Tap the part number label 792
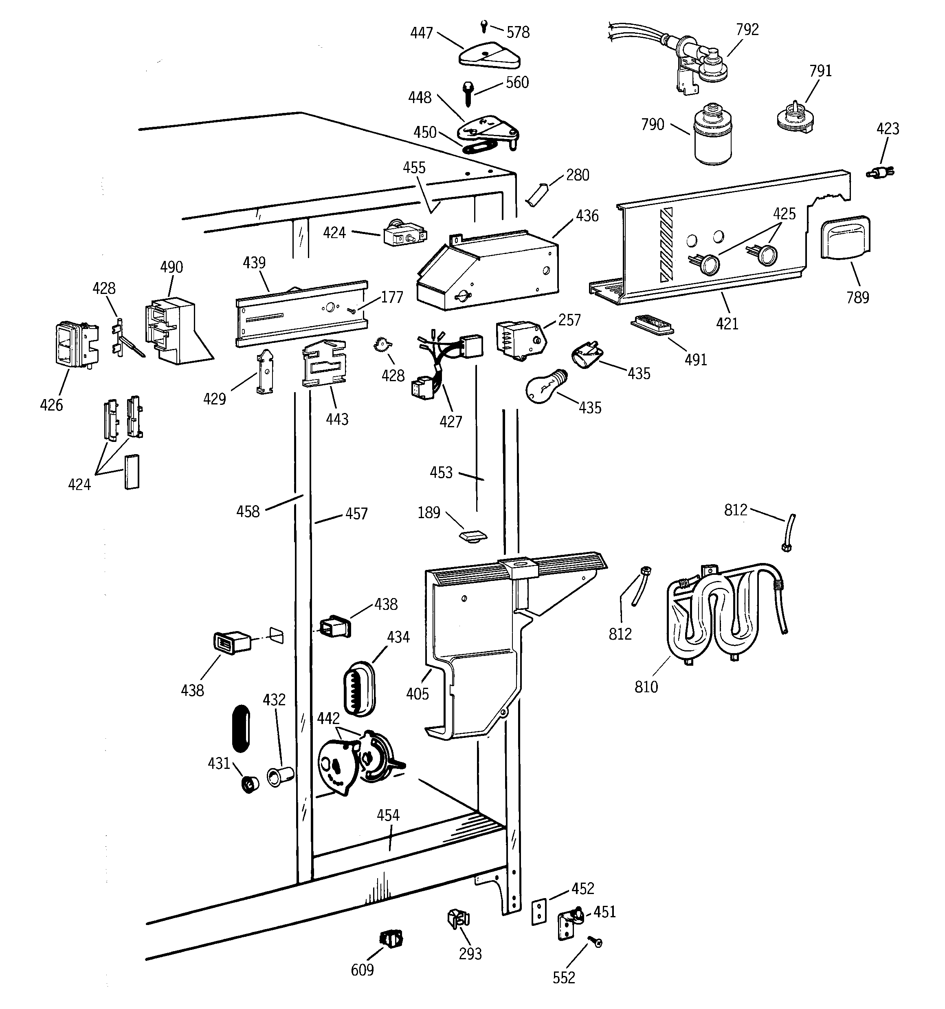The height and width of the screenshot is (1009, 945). click(x=747, y=30)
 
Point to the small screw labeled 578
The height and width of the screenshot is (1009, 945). click(x=484, y=25)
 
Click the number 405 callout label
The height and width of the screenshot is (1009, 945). click(x=417, y=694)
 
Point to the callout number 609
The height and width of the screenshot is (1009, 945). click(x=362, y=970)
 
